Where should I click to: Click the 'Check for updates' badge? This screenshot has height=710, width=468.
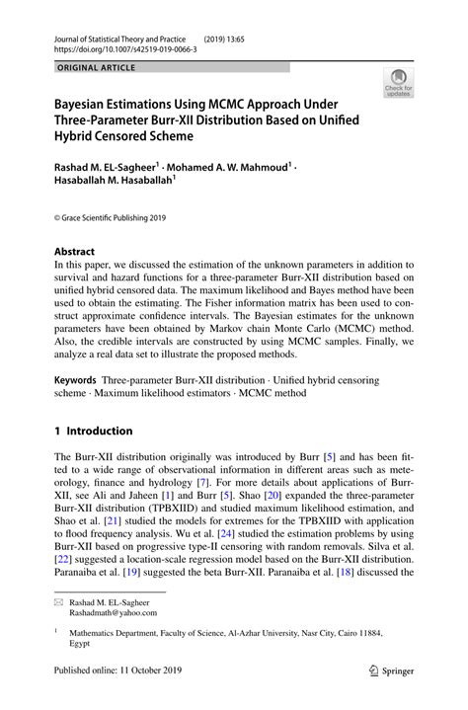399,82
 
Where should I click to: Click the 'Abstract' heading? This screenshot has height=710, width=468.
75,251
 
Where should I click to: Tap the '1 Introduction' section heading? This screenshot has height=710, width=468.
93,431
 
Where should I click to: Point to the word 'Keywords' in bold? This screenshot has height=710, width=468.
75,379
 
